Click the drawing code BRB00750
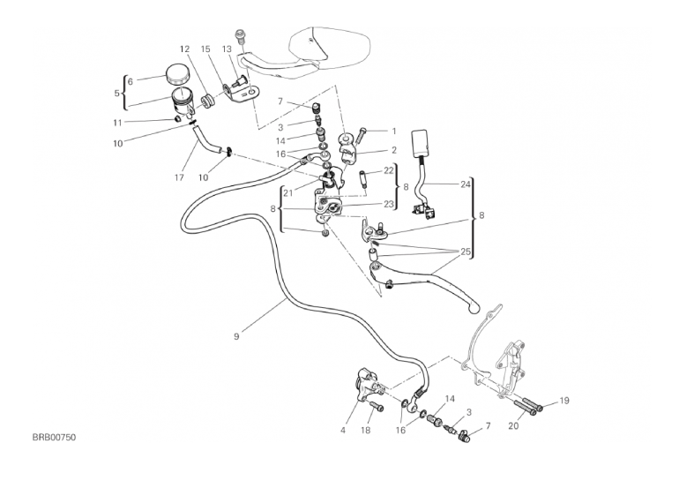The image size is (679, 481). [x=56, y=437]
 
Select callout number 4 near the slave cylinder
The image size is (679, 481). [x=342, y=432]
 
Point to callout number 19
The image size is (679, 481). [x=564, y=401]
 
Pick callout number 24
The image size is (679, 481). [x=465, y=184]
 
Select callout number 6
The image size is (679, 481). [x=131, y=80]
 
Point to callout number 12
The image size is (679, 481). [x=185, y=49]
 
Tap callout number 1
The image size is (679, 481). [x=394, y=131]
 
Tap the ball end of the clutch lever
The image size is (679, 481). [x=476, y=309]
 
